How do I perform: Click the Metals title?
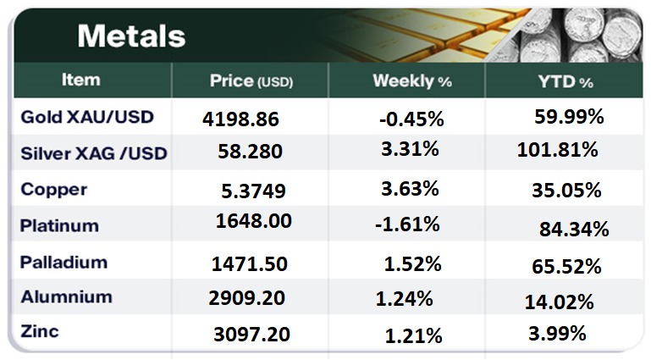131,36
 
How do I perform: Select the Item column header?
81,80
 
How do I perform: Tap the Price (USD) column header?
250,81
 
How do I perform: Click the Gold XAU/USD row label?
87,117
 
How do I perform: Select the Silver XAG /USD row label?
94,153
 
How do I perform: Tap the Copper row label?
54,190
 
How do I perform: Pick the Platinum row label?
59,226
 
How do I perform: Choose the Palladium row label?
64,262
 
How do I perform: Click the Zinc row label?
40,331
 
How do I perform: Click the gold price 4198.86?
241,119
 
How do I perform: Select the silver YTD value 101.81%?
557,151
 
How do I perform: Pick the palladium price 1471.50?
250,264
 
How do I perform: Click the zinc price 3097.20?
252,335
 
